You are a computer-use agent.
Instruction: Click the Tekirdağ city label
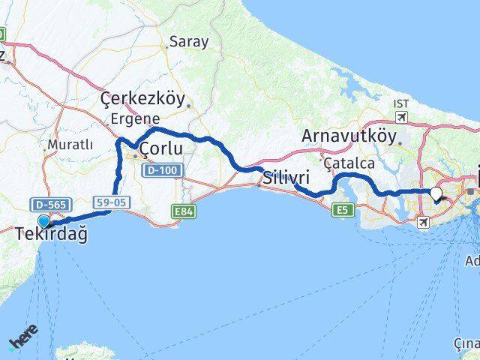tap(51, 235)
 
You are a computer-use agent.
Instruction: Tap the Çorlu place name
tap(161, 149)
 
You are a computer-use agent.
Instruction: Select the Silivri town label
tap(285, 178)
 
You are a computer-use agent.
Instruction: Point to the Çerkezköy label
tap(142, 100)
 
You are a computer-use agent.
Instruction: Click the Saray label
tap(188, 42)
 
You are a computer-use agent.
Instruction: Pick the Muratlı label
tap(70, 145)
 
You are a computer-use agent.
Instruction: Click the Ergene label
tap(135, 118)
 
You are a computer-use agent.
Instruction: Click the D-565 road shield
tap(43, 204)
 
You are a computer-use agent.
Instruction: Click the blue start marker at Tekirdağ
tap(44, 221)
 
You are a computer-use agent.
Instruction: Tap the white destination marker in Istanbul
tap(436, 193)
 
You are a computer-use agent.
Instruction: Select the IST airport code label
tap(401, 103)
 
